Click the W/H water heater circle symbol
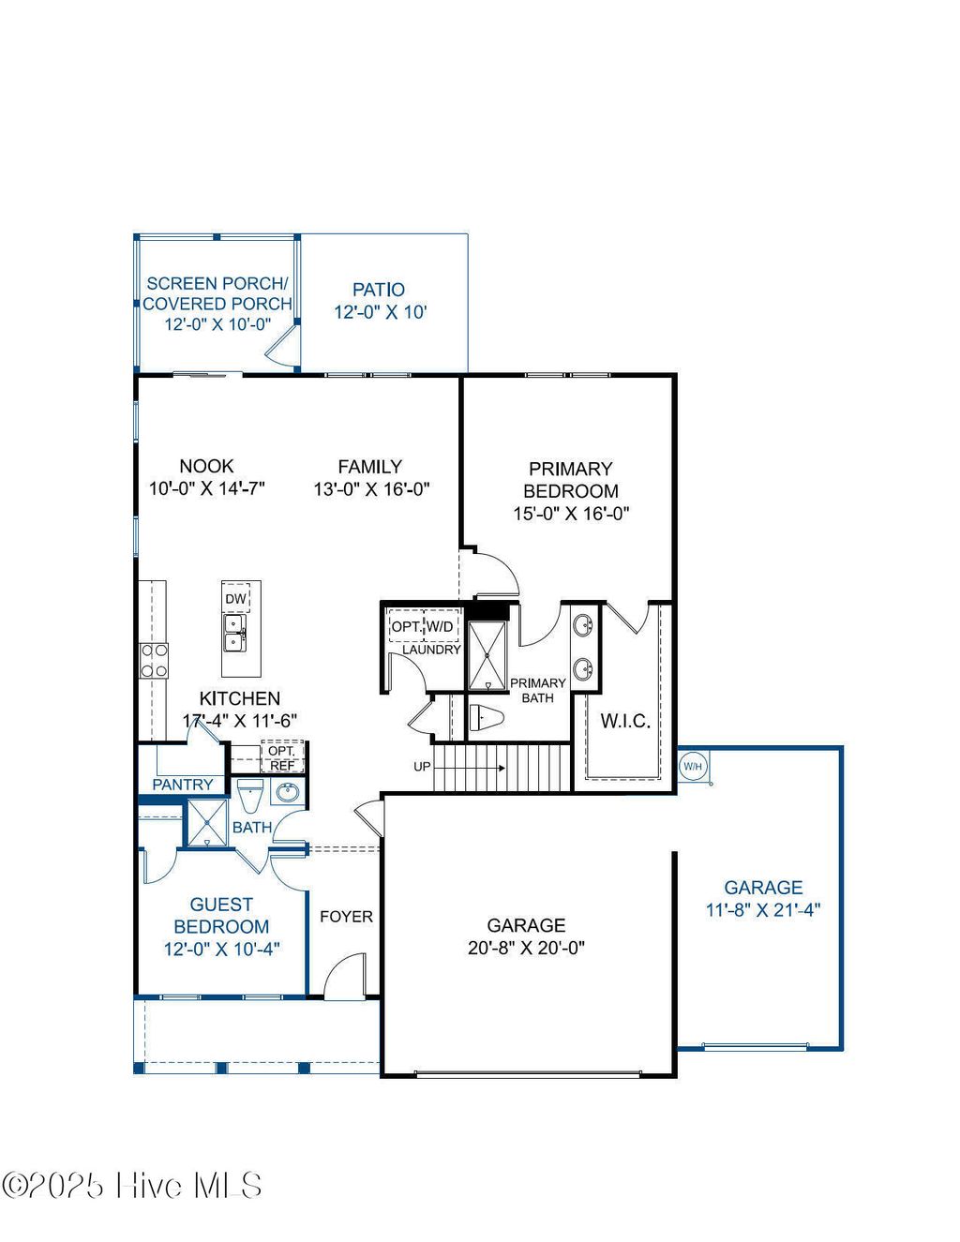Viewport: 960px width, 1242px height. (692, 767)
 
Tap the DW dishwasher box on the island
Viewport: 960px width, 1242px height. (235, 599)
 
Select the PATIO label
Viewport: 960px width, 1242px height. (379, 290)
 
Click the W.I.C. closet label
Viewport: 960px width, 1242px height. (625, 721)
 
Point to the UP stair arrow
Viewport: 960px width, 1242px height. (469, 768)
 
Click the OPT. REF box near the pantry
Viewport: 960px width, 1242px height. (281, 758)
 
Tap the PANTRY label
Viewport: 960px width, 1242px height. (183, 785)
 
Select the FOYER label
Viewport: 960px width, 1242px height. (346, 917)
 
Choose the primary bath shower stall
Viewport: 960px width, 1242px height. (487, 654)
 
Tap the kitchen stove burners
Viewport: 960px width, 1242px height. (154, 660)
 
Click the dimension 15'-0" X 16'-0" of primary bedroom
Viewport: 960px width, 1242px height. (571, 514)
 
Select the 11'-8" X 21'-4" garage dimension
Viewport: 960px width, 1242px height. (763, 909)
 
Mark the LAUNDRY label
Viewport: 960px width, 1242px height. (431, 650)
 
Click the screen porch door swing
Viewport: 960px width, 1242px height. (281, 349)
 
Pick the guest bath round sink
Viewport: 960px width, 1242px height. (287, 793)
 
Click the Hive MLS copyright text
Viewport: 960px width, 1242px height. (131, 1186)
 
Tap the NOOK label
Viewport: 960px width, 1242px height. (206, 466)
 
